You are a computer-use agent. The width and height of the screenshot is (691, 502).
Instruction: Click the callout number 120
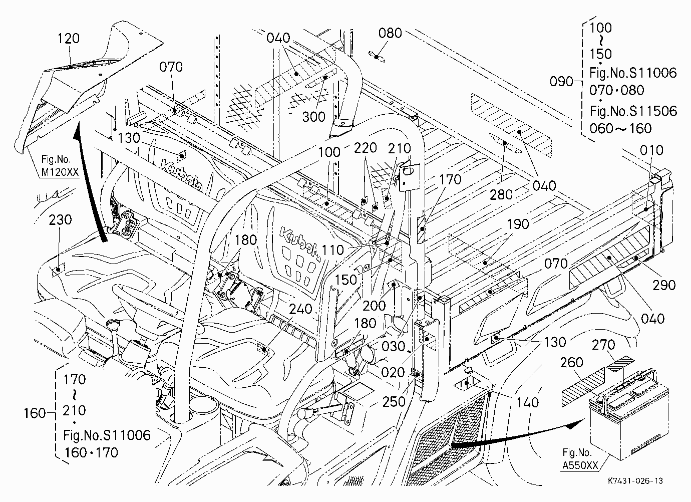(69, 39)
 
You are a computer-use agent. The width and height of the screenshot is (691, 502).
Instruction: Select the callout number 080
(390, 33)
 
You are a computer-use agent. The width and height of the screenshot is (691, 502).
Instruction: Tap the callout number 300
(314, 117)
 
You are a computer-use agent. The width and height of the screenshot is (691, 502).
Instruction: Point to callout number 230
(60, 220)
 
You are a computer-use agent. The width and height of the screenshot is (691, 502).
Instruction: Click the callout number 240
(301, 309)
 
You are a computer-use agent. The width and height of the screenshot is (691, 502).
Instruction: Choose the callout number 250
(394, 402)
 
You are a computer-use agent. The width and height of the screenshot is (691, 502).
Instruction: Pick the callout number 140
(527, 402)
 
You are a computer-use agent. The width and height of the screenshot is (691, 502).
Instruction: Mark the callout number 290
(664, 285)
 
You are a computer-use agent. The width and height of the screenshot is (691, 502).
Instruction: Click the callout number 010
(651, 150)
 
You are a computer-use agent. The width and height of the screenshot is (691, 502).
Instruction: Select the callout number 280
(501, 194)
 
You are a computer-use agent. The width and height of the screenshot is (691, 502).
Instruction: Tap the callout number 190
(518, 224)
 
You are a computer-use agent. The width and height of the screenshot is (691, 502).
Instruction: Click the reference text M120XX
(60, 172)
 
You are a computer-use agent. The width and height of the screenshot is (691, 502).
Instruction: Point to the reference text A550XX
(580, 465)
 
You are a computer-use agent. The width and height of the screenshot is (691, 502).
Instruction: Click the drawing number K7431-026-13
(635, 480)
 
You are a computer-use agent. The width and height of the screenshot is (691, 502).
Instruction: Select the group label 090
(561, 82)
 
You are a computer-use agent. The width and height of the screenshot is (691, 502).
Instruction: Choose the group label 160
(35, 413)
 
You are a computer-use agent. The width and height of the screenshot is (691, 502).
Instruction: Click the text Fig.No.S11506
(633, 111)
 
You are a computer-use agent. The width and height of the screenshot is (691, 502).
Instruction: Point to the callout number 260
(572, 362)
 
